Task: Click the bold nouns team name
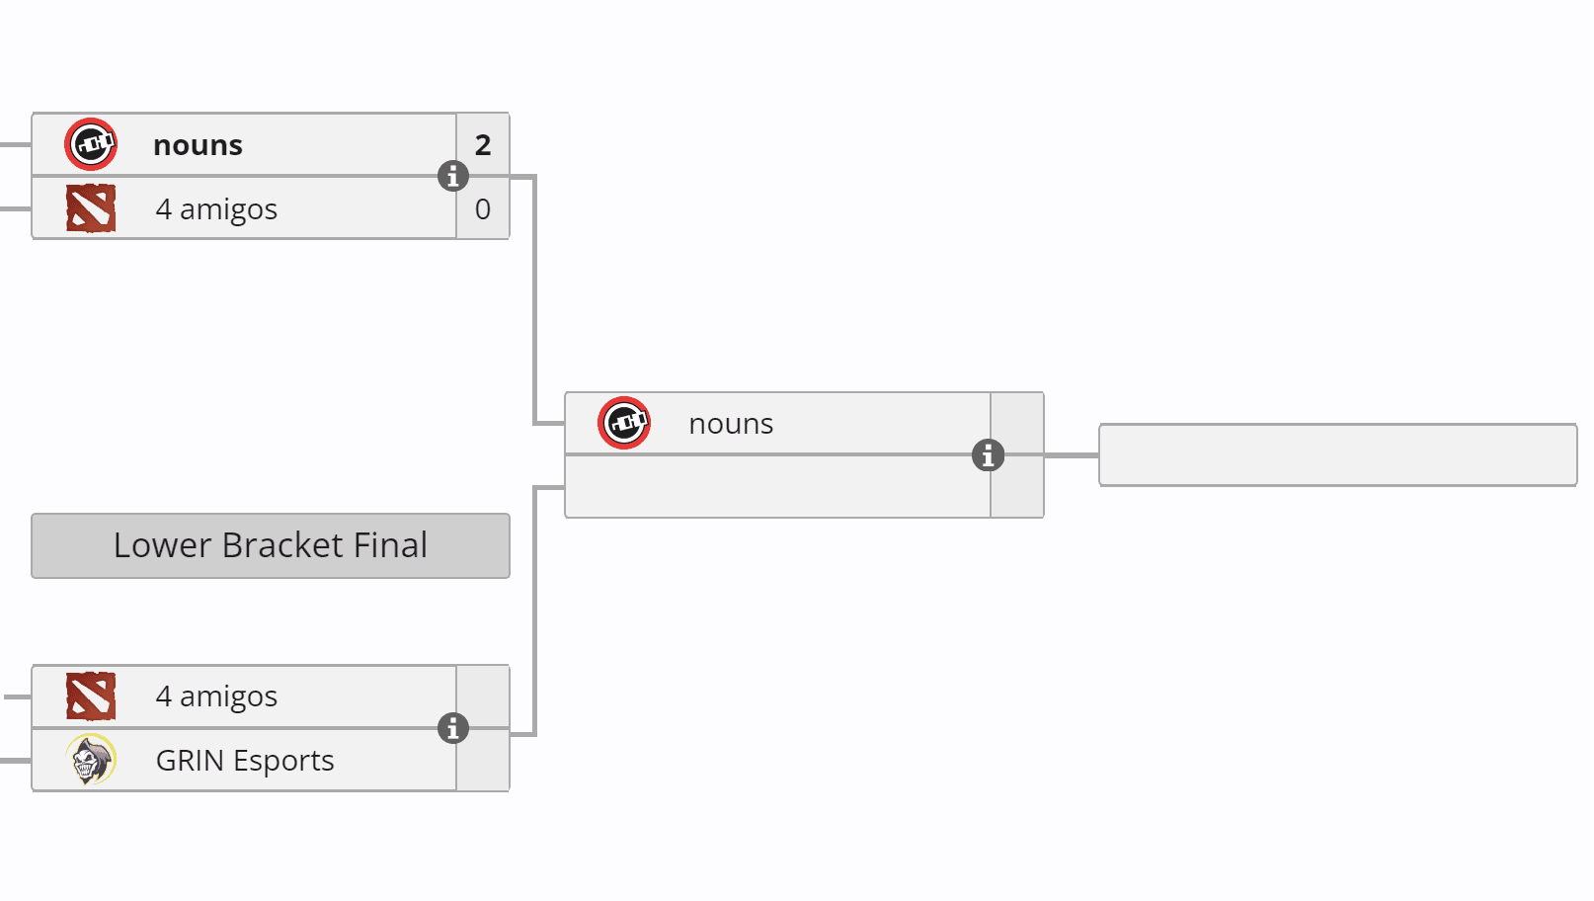click(x=198, y=145)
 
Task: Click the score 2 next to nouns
click(x=483, y=145)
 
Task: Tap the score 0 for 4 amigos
click(x=483, y=209)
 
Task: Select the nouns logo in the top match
click(x=91, y=145)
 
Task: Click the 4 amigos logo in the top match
click(x=91, y=208)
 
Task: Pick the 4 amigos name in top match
click(x=216, y=209)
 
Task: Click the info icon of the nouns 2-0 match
click(x=453, y=177)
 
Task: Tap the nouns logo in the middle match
click(x=624, y=424)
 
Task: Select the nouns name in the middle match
click(x=731, y=424)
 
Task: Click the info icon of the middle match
click(x=988, y=455)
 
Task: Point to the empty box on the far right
click(x=1337, y=455)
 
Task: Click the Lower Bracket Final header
click(x=271, y=545)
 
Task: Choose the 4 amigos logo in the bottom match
click(x=91, y=696)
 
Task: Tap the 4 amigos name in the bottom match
click(x=216, y=696)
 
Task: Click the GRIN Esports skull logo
click(x=91, y=760)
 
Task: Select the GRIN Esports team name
click(x=245, y=761)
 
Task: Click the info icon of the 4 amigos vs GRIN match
click(x=453, y=728)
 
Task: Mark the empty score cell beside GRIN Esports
click(x=483, y=761)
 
